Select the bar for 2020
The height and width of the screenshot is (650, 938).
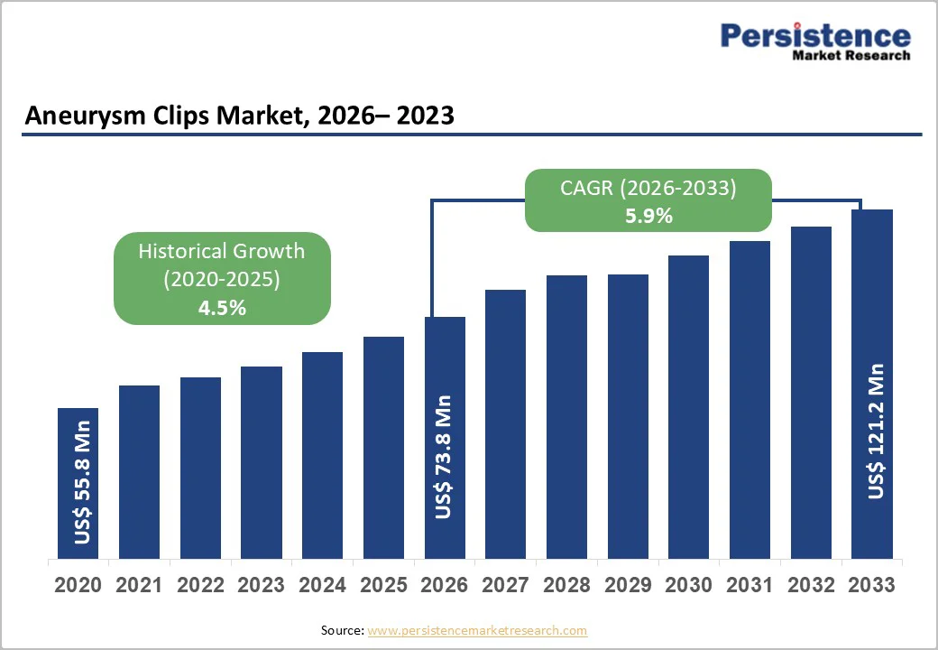click(78, 483)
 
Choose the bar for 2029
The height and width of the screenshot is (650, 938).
click(628, 415)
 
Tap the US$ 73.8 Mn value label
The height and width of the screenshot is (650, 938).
click(443, 457)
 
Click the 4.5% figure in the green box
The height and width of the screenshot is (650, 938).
click(222, 308)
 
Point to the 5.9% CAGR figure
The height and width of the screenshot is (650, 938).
click(649, 216)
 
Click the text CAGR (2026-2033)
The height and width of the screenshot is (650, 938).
click(649, 188)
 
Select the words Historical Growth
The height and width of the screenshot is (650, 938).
click(222, 251)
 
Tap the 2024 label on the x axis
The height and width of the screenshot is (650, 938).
click(322, 585)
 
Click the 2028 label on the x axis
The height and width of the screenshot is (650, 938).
click(566, 585)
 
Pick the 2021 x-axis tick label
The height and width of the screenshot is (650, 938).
click(139, 585)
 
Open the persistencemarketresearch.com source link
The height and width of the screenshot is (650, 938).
click(477, 630)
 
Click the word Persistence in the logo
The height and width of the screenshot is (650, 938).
click(814, 35)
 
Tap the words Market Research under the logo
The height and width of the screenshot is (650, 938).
click(851, 55)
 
